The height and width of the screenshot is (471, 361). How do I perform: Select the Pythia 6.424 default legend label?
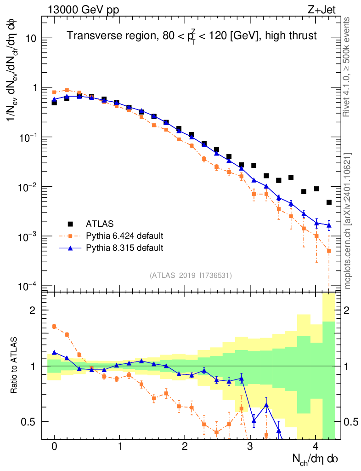124,236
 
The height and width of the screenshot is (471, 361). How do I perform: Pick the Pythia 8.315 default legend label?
124,248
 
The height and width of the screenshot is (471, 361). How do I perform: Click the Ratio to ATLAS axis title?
14,366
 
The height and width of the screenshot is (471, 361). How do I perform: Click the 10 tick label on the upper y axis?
31,38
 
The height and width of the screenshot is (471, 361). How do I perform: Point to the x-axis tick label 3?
250,447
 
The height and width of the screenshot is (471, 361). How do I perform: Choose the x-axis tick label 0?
54,447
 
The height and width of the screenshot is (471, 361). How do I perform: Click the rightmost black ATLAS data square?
329,202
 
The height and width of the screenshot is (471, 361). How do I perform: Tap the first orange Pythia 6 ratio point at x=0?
54,327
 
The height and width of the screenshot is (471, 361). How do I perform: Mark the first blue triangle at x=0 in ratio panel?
54,352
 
